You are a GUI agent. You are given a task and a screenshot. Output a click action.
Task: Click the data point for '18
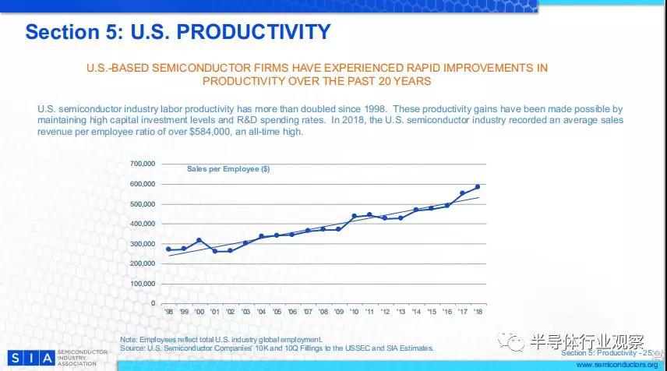pos(478,187)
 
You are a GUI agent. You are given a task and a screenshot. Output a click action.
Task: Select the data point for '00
pos(199,240)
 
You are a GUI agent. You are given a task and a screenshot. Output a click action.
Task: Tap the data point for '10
pos(354,216)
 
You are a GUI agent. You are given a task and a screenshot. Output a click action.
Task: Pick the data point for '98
pos(168,249)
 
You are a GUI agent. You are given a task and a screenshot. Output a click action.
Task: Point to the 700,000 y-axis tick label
pos(142,164)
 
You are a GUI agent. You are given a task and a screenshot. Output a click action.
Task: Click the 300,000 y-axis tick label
pos(142,244)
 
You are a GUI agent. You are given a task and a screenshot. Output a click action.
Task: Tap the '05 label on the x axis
pos(276,312)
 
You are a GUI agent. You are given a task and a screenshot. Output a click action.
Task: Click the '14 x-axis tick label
pos(415,312)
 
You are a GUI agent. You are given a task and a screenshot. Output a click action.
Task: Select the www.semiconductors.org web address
pos(616,364)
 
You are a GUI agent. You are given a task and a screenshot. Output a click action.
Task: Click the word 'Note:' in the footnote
pos(129,340)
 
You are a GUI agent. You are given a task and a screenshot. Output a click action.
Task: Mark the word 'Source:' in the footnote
pos(134,348)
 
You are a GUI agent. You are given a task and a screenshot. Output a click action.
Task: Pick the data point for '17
pos(462,193)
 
